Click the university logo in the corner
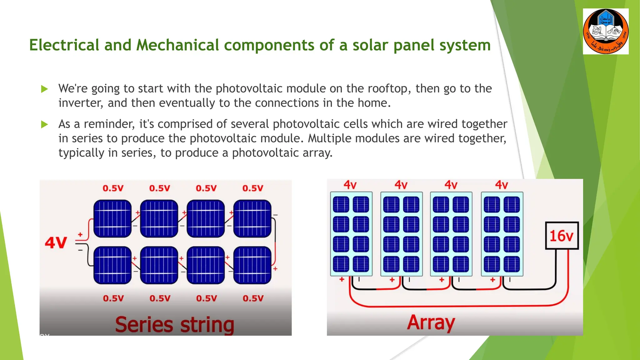(x=606, y=32)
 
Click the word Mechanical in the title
(x=177, y=45)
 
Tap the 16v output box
(x=562, y=236)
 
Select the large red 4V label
(x=56, y=242)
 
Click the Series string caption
(x=174, y=324)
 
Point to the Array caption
(x=431, y=322)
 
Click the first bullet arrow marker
(x=44, y=89)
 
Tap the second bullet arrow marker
(x=44, y=125)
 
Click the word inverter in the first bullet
(x=80, y=103)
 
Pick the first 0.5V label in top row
(x=113, y=188)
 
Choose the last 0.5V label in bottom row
(x=253, y=298)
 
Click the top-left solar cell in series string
(x=112, y=218)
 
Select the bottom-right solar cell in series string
(x=252, y=265)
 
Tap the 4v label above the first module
(x=350, y=185)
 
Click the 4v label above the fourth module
(x=501, y=185)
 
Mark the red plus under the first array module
(x=342, y=279)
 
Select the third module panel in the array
(x=451, y=234)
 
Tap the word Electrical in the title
(x=64, y=45)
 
